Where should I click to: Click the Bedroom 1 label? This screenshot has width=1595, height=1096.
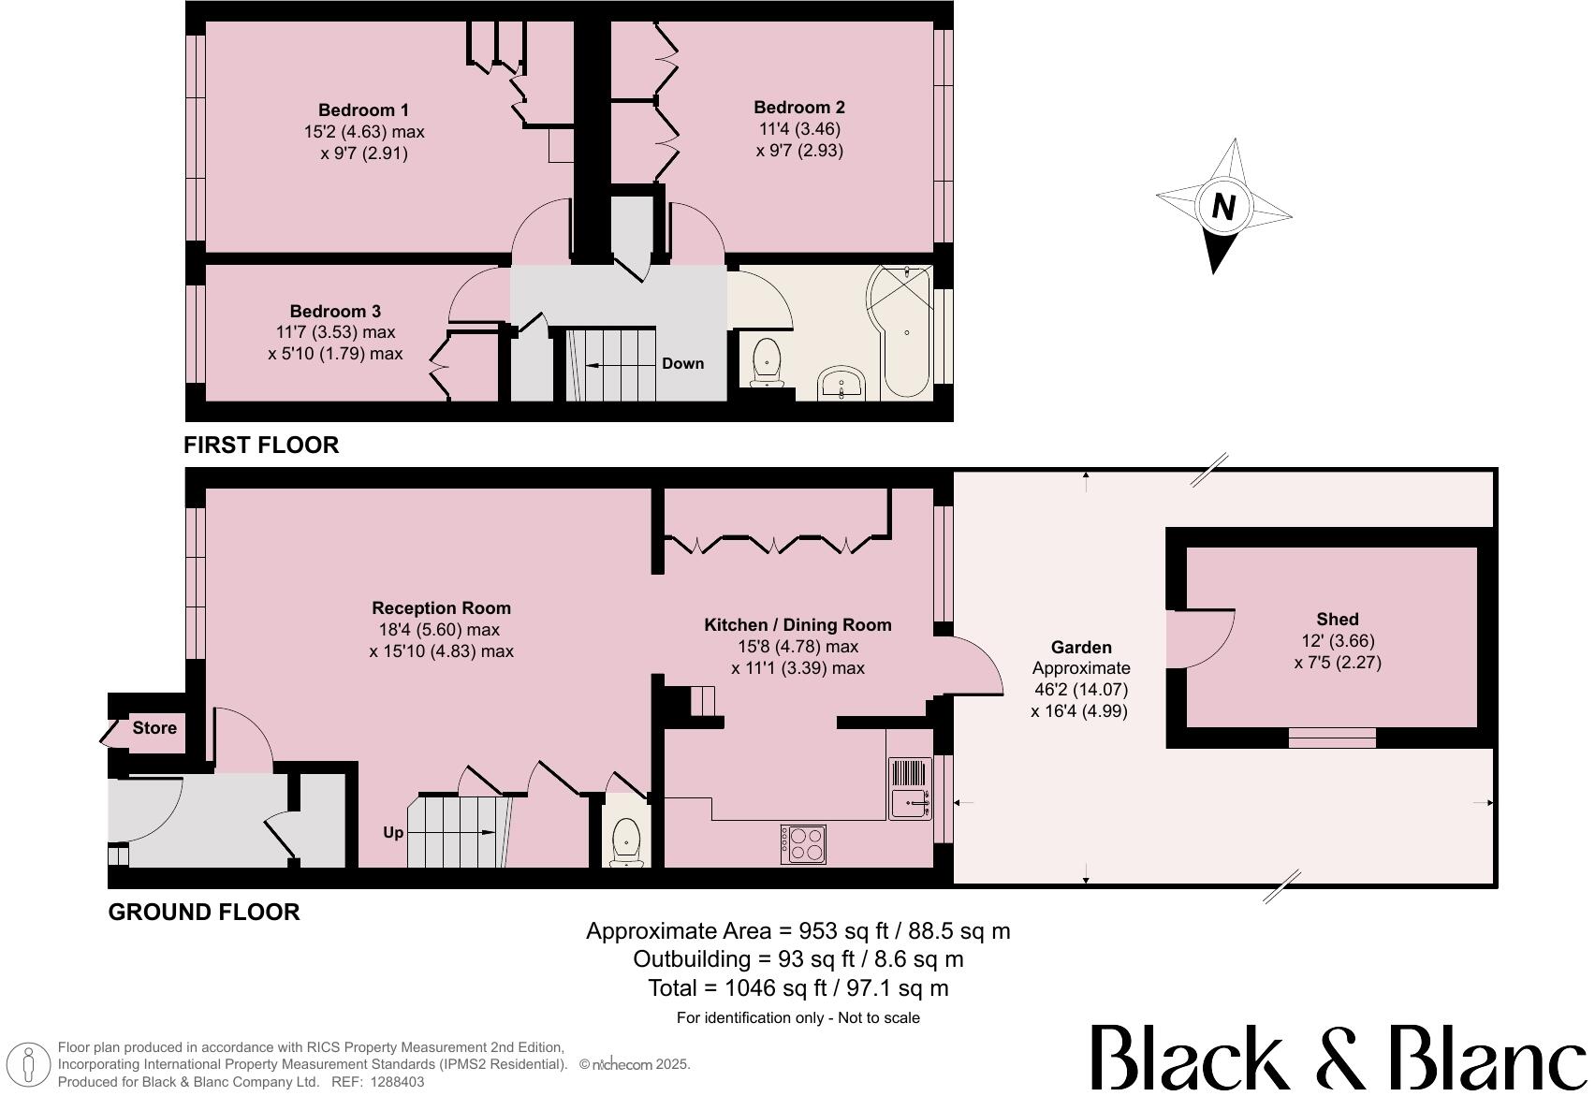tap(363, 110)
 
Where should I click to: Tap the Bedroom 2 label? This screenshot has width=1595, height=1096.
tap(798, 108)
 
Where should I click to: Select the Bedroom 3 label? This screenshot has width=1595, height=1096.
tap(335, 312)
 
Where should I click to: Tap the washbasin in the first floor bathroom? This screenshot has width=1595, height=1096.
tap(844, 384)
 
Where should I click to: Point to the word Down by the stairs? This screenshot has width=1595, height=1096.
tap(682, 364)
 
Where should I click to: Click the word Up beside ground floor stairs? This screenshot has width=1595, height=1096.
tap(393, 832)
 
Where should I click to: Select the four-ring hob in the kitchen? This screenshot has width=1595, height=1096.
tap(804, 843)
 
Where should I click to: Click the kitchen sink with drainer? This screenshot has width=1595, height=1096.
tap(910, 789)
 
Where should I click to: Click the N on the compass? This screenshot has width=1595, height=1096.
tap(1222, 206)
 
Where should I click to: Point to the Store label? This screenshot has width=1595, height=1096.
tap(154, 728)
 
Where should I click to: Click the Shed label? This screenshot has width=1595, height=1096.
tap(1337, 620)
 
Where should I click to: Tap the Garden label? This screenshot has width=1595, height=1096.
tap(1081, 648)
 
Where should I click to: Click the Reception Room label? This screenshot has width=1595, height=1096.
tap(441, 608)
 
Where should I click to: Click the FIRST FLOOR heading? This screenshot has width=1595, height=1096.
tap(261, 446)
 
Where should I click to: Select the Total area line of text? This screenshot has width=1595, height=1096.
tap(797, 988)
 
